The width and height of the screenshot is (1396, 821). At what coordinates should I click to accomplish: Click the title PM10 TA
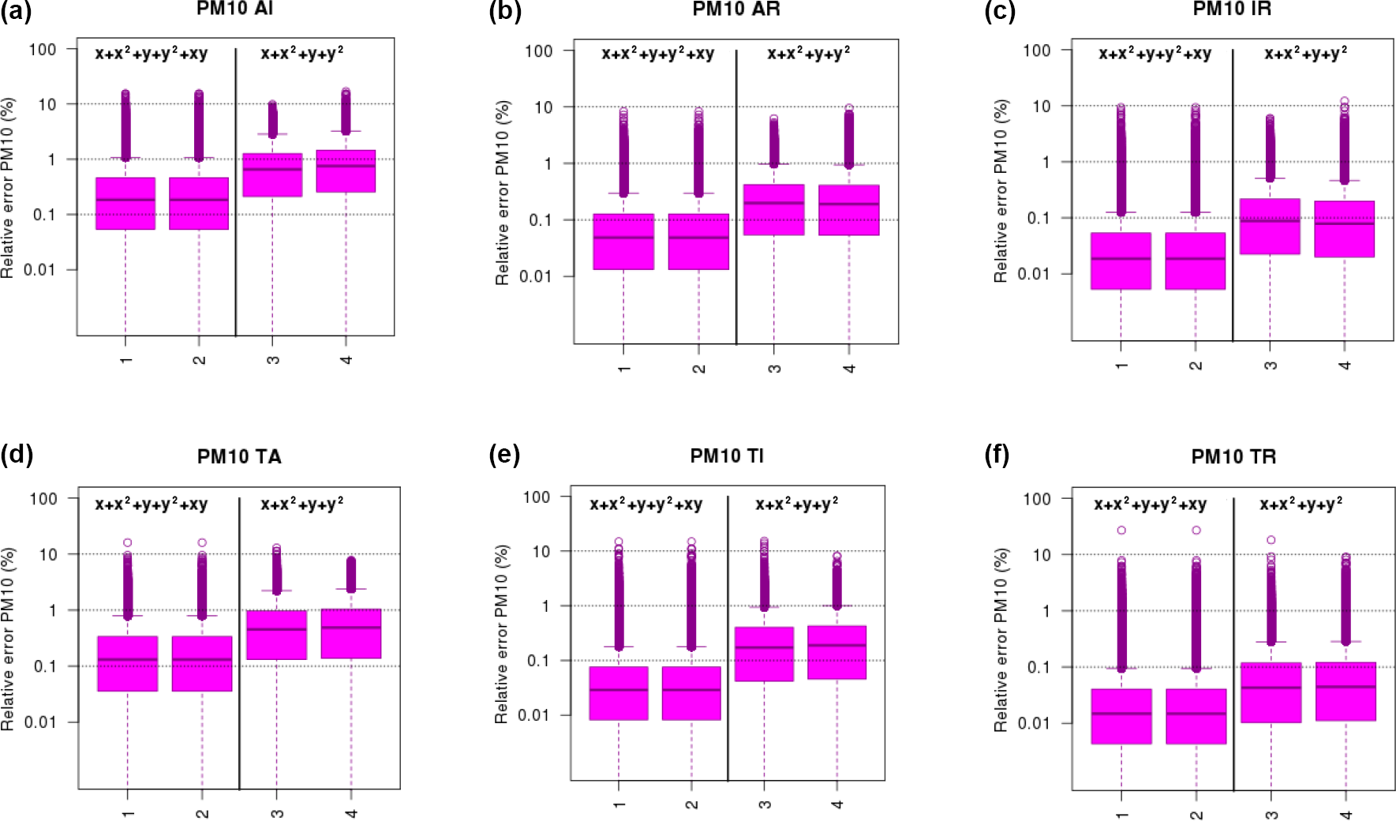coord(239,456)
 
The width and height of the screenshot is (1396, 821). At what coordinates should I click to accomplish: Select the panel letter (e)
coord(504,455)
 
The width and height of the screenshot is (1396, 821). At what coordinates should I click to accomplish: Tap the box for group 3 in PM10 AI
coord(272,174)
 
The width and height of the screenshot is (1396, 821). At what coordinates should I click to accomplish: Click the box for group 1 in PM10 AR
coord(623,242)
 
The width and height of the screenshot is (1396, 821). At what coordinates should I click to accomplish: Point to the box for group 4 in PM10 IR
coord(1345,229)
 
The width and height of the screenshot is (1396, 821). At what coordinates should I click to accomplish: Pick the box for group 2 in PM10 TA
coord(202,663)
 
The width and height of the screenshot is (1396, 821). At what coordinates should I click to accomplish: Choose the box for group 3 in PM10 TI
coord(764,654)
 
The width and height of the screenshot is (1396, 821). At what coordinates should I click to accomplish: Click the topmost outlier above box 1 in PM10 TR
coord(1121,530)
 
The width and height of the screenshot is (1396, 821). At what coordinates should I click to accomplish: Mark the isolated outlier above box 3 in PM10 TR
coord(1271,540)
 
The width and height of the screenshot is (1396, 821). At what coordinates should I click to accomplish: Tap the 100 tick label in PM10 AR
coord(539,51)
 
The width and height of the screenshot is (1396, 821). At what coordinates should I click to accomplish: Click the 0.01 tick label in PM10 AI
coord(40,270)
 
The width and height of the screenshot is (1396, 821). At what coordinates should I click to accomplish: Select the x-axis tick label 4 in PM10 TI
coord(837,804)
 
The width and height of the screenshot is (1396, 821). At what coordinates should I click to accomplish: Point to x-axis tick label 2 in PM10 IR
coord(1196,365)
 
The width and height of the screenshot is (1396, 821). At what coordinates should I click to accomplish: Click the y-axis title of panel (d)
coord(9,639)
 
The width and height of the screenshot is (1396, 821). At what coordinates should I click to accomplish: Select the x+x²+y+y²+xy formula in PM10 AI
coord(152,54)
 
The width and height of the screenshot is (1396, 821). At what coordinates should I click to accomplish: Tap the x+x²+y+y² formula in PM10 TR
coord(1301,504)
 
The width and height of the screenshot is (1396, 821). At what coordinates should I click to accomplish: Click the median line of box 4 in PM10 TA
coord(351,628)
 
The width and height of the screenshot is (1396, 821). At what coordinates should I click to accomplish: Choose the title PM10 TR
coord(1233,456)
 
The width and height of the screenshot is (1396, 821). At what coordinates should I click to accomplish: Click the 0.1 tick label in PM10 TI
coord(538,661)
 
